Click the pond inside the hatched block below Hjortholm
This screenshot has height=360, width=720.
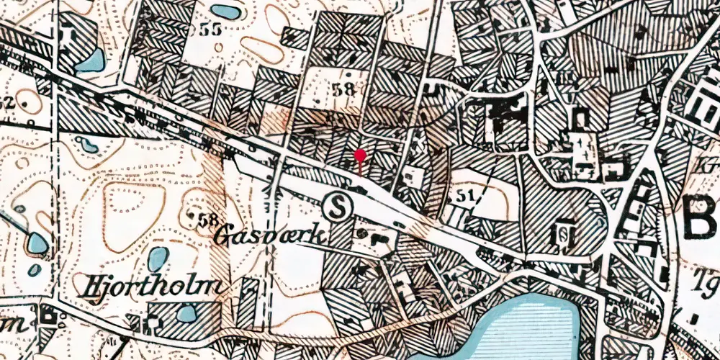pos(186,313)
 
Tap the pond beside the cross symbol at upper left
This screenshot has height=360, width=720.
pos(90,60)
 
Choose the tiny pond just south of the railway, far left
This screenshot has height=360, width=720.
pos(88,145)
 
